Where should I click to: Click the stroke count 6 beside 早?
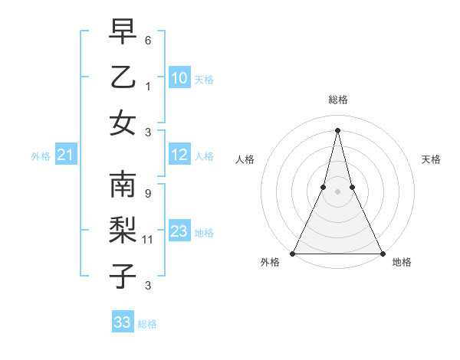148,39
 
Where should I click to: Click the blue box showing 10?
179,77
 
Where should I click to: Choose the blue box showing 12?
179,155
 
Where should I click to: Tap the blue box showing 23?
179,231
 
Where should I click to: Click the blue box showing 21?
65,155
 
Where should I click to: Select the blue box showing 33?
123,322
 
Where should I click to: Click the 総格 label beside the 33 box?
148,324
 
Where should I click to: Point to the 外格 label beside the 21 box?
41,156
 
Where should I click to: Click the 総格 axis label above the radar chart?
338,100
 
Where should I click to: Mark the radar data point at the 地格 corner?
382,253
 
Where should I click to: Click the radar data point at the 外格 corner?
293,253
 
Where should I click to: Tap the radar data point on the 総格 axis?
337,129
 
